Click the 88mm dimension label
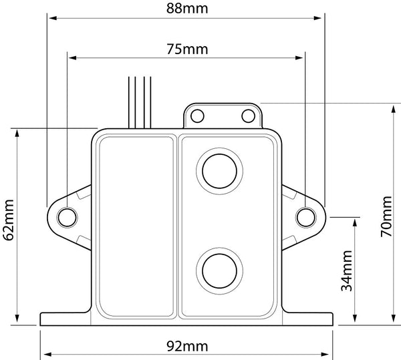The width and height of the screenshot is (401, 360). tap(185, 9)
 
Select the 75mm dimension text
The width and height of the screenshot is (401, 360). tap(185, 50)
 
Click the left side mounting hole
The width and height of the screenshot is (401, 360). tap(67, 217)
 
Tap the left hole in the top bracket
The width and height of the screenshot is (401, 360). tap(196, 116)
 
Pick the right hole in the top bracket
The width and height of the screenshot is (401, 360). tap(248, 116)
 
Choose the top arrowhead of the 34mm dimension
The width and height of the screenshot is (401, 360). tap(358, 220)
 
